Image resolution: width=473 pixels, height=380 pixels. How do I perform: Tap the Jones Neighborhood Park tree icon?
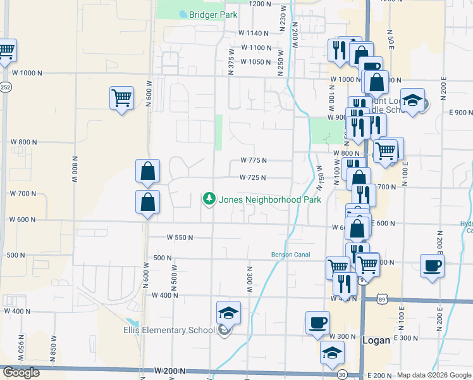tap(209, 199)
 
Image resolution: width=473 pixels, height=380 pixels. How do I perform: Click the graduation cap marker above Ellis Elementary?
tap(228, 313)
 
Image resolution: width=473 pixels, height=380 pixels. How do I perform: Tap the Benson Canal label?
tap(289, 255)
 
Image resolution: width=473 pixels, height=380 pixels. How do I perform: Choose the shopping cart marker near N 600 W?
tap(121, 98)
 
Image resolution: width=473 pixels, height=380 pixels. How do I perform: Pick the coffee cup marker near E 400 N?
tap(432, 266)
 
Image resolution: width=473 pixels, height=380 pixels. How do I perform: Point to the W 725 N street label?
tap(253, 178)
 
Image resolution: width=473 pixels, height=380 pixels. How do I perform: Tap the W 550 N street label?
tap(180, 237)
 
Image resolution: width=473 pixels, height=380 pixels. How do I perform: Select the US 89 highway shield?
tap(382, 298)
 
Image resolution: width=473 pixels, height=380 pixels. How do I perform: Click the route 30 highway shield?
tap(342, 375)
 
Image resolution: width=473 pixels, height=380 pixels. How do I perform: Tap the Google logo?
tap(21, 372)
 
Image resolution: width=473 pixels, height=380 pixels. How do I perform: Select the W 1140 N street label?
tap(254, 33)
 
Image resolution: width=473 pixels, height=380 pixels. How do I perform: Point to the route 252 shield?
tap(6, 87)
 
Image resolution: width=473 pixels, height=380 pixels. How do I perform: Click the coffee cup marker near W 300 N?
tap(317, 323)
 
